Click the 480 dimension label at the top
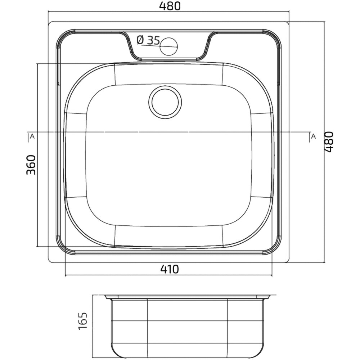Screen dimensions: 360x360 pos(170,6)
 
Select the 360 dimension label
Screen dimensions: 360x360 pos(31,165)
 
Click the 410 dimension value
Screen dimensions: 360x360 pos(170,269)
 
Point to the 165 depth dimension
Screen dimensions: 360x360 pos(83,321)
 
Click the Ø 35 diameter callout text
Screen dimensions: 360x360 pos(148,40)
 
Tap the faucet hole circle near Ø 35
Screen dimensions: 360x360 pos(169,46)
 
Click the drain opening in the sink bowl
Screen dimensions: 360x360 pos(165,102)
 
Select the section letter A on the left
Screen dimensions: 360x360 pos(32,136)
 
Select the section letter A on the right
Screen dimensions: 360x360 pos(313,136)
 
